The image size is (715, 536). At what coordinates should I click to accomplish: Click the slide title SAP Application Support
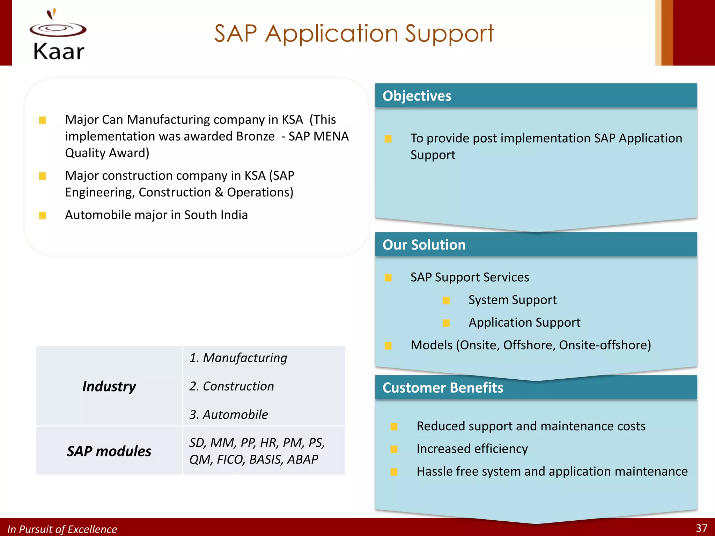(354, 33)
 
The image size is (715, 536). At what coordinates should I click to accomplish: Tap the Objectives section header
(417, 96)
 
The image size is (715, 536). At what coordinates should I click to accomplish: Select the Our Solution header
(424, 245)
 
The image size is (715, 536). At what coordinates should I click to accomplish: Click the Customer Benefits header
(443, 388)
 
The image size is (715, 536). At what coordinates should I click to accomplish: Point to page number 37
(701, 528)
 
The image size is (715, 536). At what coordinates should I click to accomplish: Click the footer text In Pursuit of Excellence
(62, 529)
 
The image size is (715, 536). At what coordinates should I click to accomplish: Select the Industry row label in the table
(109, 386)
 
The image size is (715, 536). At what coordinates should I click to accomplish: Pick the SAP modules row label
(109, 451)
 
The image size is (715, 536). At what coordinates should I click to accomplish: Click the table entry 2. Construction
(231, 386)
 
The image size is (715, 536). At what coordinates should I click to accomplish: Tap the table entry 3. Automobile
(229, 415)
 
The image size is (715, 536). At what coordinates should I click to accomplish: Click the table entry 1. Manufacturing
(238, 358)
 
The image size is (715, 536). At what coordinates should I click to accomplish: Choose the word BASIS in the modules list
(266, 460)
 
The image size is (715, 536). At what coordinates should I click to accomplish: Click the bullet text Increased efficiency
(472, 449)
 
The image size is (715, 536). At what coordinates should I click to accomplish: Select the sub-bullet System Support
(512, 300)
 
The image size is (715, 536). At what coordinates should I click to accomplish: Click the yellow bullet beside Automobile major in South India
(43, 215)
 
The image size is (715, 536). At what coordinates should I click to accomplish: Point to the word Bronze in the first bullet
(255, 136)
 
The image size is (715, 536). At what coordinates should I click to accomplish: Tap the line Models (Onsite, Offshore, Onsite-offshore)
(531, 345)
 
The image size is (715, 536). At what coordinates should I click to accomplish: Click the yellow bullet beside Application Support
(446, 323)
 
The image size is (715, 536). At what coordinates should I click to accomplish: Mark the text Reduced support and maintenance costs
(531, 426)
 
